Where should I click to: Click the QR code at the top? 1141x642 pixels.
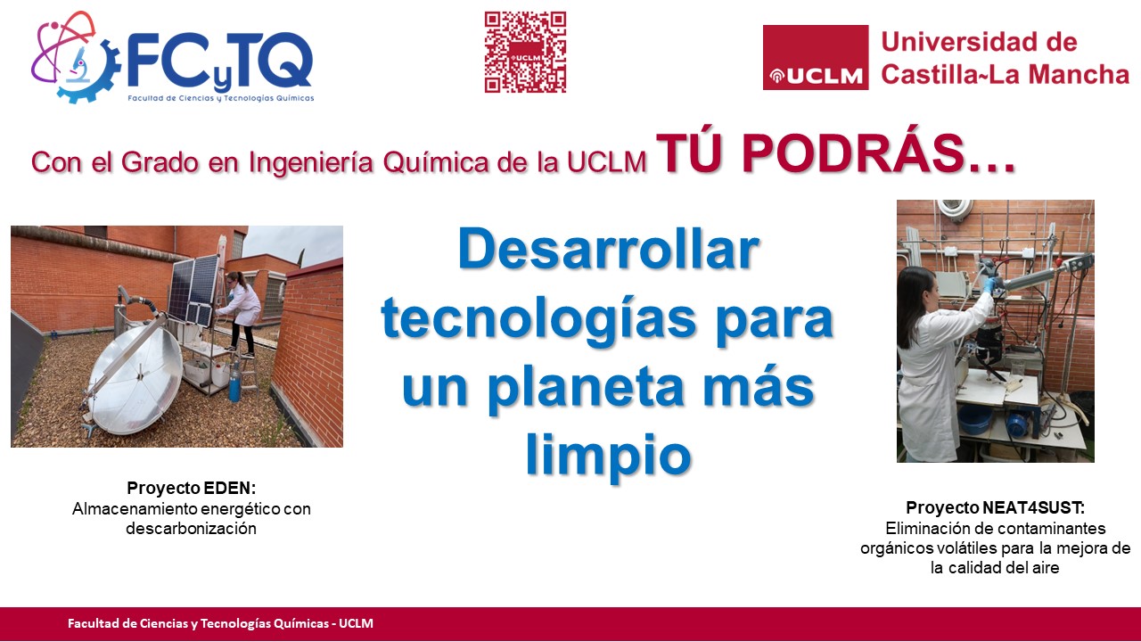525,52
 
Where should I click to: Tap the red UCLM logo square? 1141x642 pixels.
816,58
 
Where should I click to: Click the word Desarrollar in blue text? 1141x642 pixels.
609,249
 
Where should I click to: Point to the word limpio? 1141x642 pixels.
608,455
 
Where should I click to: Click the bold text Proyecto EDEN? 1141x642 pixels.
192,488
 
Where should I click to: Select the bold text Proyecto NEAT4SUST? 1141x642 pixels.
996,508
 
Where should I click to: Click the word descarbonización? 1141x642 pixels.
191,529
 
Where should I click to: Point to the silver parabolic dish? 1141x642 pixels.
135,379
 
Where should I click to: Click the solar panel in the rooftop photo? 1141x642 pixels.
194,290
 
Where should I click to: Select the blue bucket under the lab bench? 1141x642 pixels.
974,419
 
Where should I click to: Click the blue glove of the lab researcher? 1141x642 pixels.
989,284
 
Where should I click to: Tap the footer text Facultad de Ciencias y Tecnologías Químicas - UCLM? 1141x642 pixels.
220,623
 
